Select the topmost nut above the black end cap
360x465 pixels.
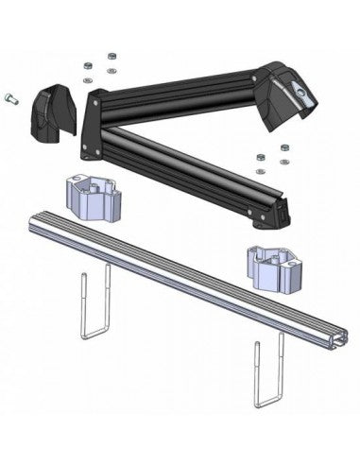click(111, 55)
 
